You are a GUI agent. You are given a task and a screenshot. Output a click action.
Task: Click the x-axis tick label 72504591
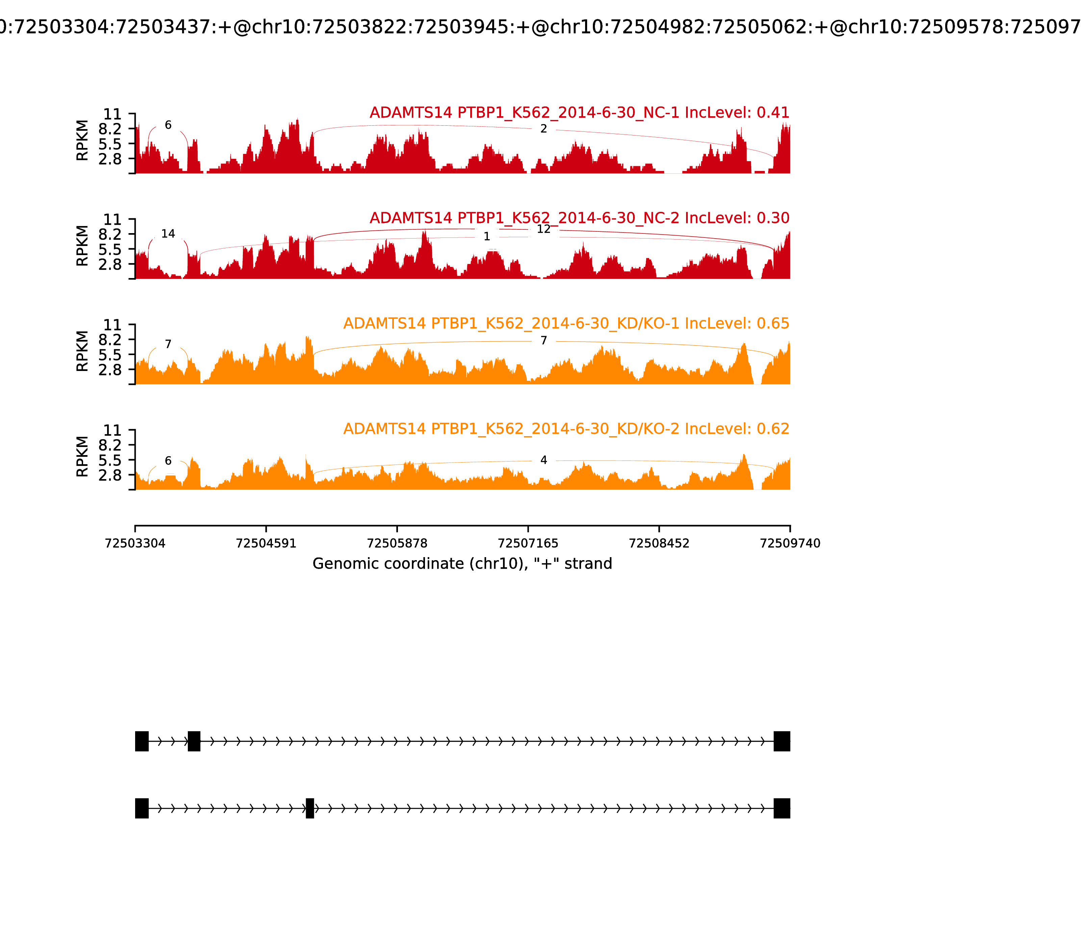[266, 543]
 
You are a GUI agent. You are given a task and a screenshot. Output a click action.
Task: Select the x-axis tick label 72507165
[528, 543]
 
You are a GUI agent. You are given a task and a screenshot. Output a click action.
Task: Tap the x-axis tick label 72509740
[790, 543]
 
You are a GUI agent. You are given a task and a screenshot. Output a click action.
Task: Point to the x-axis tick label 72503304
[135, 543]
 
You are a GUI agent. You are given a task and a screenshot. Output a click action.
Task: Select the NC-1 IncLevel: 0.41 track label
[579, 113]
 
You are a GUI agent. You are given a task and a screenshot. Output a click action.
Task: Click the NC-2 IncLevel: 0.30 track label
[579, 218]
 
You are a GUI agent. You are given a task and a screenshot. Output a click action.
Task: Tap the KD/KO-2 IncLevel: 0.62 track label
[566, 429]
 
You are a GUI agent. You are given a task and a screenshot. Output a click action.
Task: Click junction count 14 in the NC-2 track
[168, 234]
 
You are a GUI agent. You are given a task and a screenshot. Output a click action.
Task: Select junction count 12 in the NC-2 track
[544, 229]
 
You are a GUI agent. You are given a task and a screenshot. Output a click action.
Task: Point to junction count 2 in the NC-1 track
[544, 129]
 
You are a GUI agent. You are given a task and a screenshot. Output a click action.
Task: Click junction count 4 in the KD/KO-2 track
[544, 460]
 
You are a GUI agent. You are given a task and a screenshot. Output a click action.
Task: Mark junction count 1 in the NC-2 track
[487, 236]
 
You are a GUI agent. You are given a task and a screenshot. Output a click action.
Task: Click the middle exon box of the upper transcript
[194, 741]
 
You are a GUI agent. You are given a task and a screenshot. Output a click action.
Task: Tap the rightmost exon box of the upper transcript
[782, 741]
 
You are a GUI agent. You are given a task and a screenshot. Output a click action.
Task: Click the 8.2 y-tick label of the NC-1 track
[110, 129]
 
